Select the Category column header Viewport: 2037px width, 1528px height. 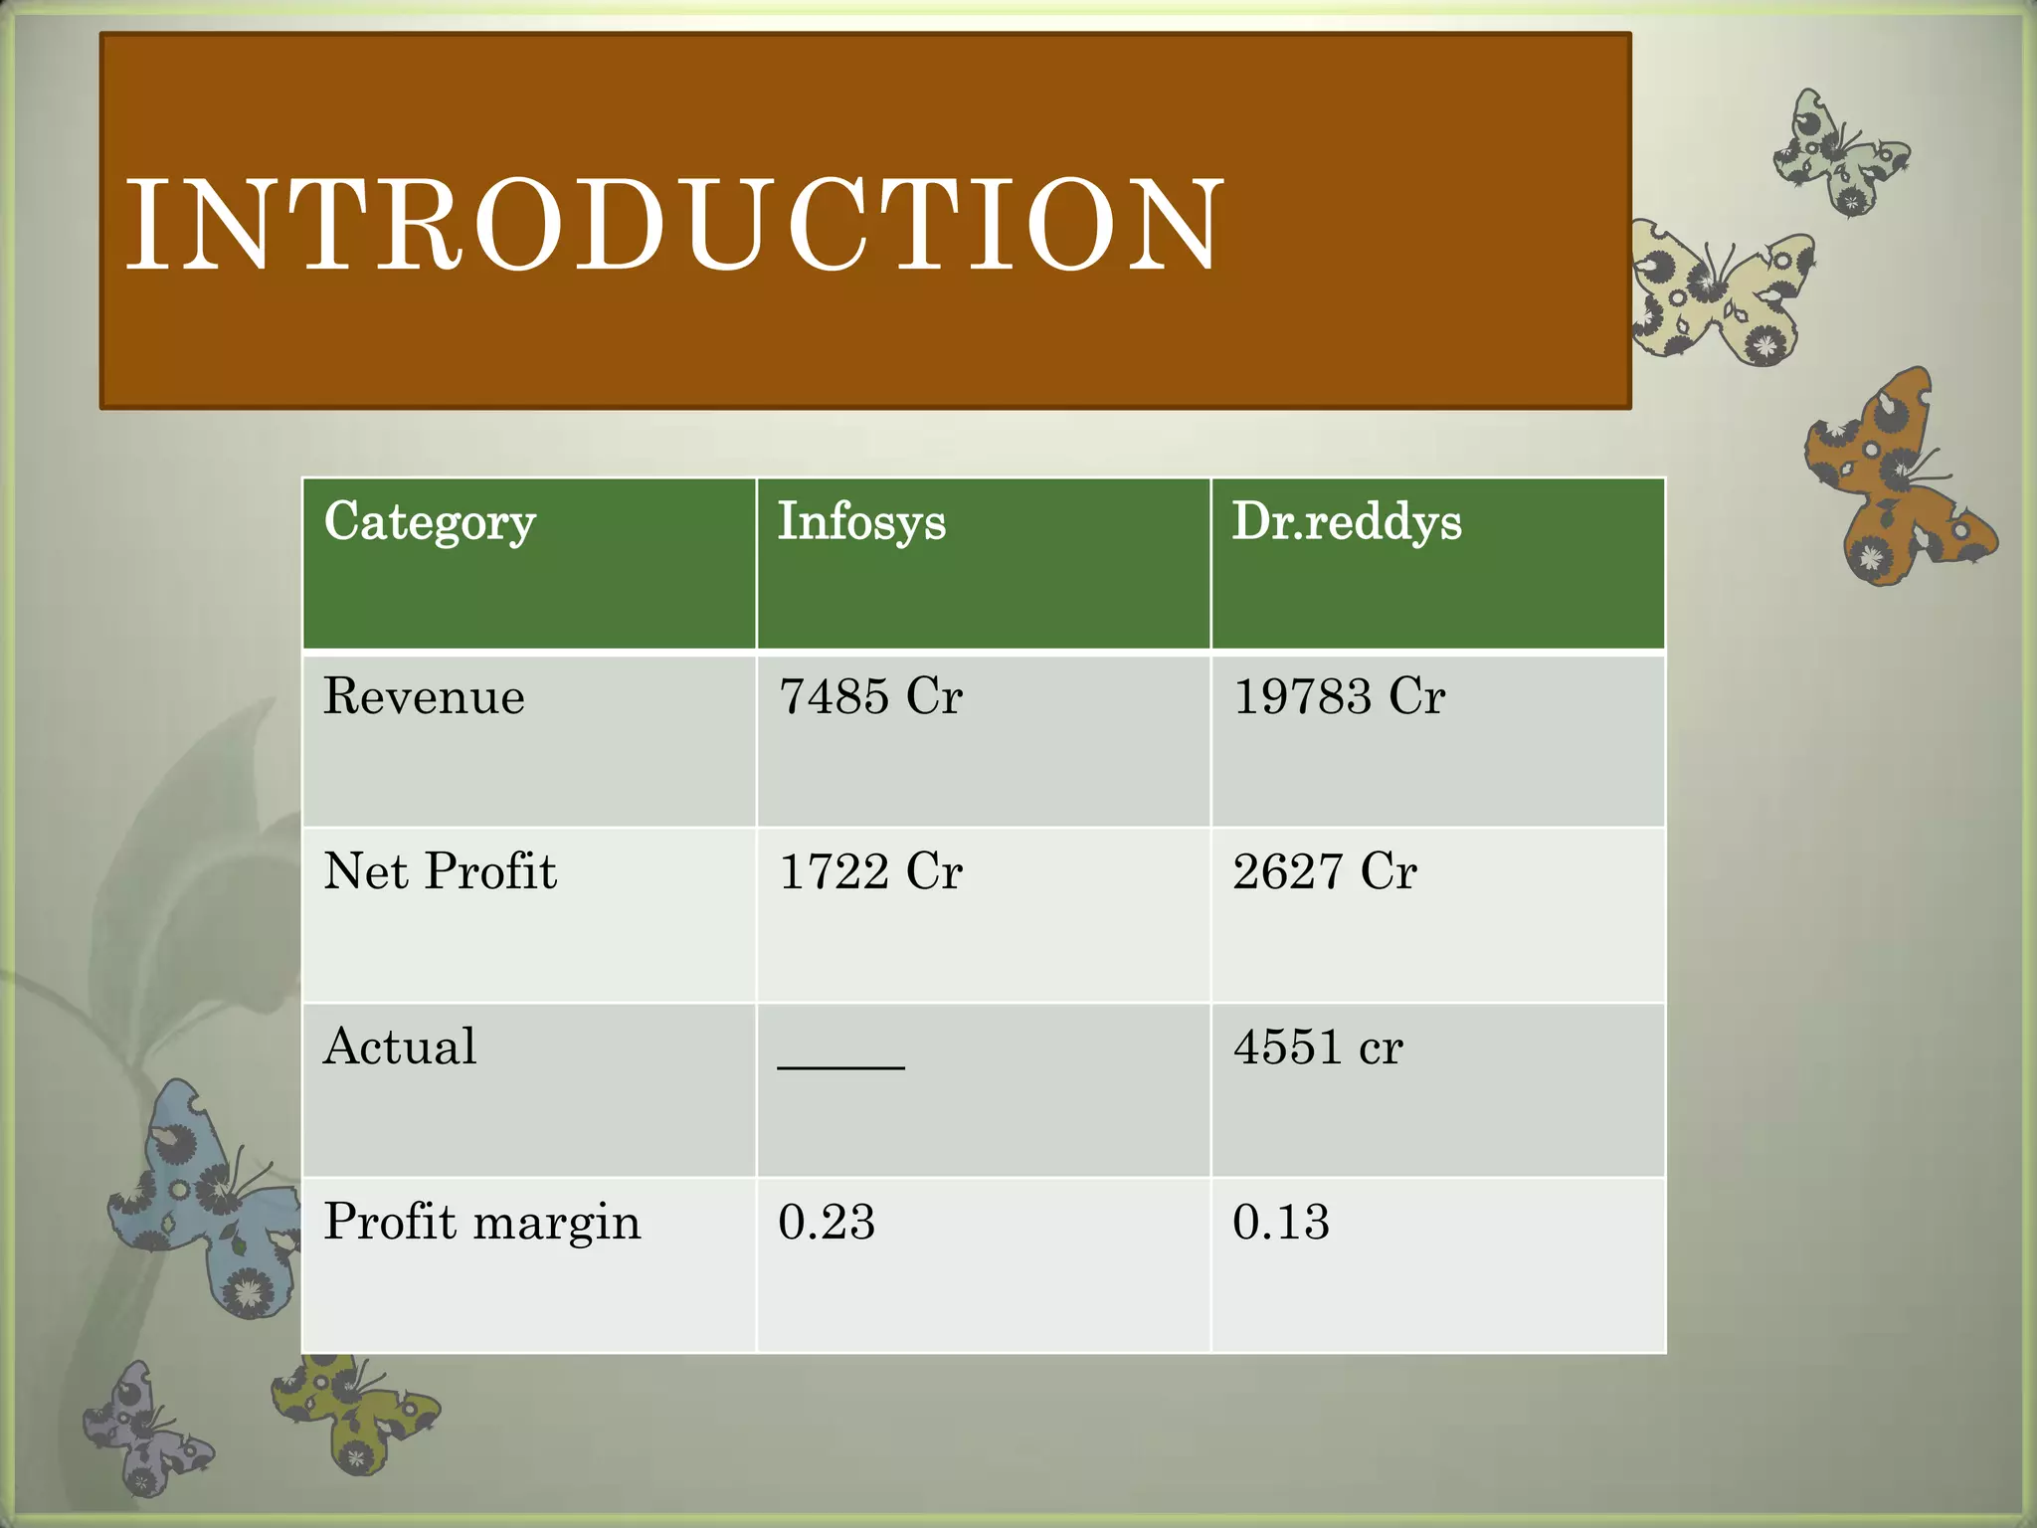(430, 521)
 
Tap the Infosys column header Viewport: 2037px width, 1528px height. (861, 521)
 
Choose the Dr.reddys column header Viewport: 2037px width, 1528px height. (1347, 521)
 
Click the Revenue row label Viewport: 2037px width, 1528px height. (424, 695)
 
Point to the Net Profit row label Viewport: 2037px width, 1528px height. (440, 870)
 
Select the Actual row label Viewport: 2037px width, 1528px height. (400, 1047)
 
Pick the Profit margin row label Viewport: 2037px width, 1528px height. (482, 1222)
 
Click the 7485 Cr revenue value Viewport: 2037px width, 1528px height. (870, 695)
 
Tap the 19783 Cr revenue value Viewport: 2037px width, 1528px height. (1339, 695)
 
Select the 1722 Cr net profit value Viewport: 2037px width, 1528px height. (870, 870)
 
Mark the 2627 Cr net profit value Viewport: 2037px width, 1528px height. (1325, 870)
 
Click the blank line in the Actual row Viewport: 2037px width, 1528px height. (841, 1064)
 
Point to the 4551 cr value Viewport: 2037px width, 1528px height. (1318, 1047)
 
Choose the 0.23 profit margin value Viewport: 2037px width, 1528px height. (827, 1222)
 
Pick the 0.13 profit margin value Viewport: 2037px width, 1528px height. (1281, 1222)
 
